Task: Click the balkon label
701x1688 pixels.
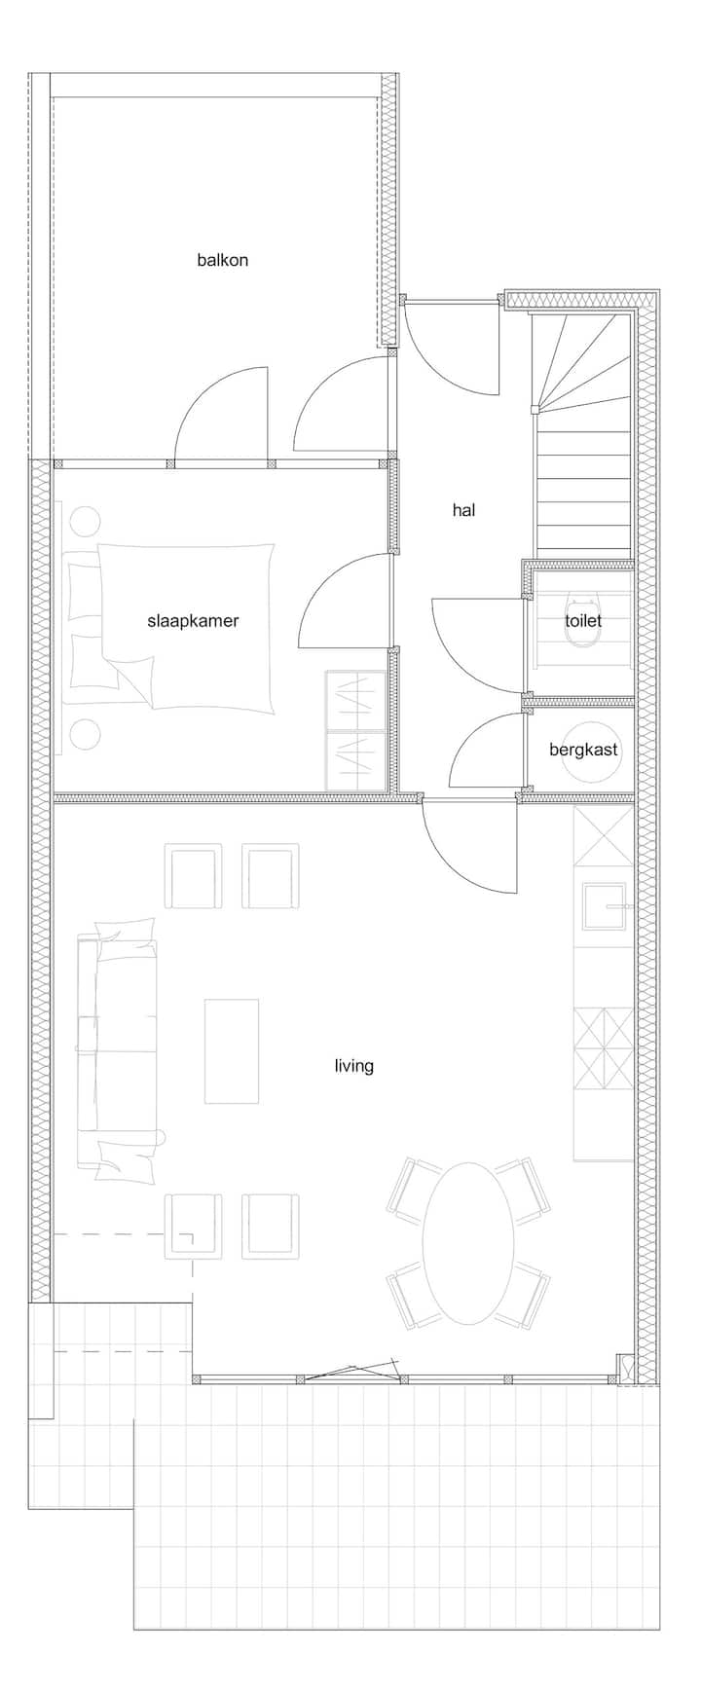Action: [x=222, y=260]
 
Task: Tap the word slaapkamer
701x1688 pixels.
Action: [x=193, y=620]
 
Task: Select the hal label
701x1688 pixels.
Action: [x=464, y=509]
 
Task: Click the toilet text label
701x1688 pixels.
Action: [x=583, y=620]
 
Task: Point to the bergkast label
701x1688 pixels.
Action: [x=583, y=751]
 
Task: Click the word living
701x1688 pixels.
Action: [x=353, y=1066]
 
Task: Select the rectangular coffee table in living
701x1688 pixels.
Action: [x=232, y=1051]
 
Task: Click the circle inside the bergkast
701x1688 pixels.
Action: [x=590, y=751]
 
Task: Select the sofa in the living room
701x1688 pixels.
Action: [x=117, y=1051]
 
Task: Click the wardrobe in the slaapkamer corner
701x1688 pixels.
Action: [x=355, y=730]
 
